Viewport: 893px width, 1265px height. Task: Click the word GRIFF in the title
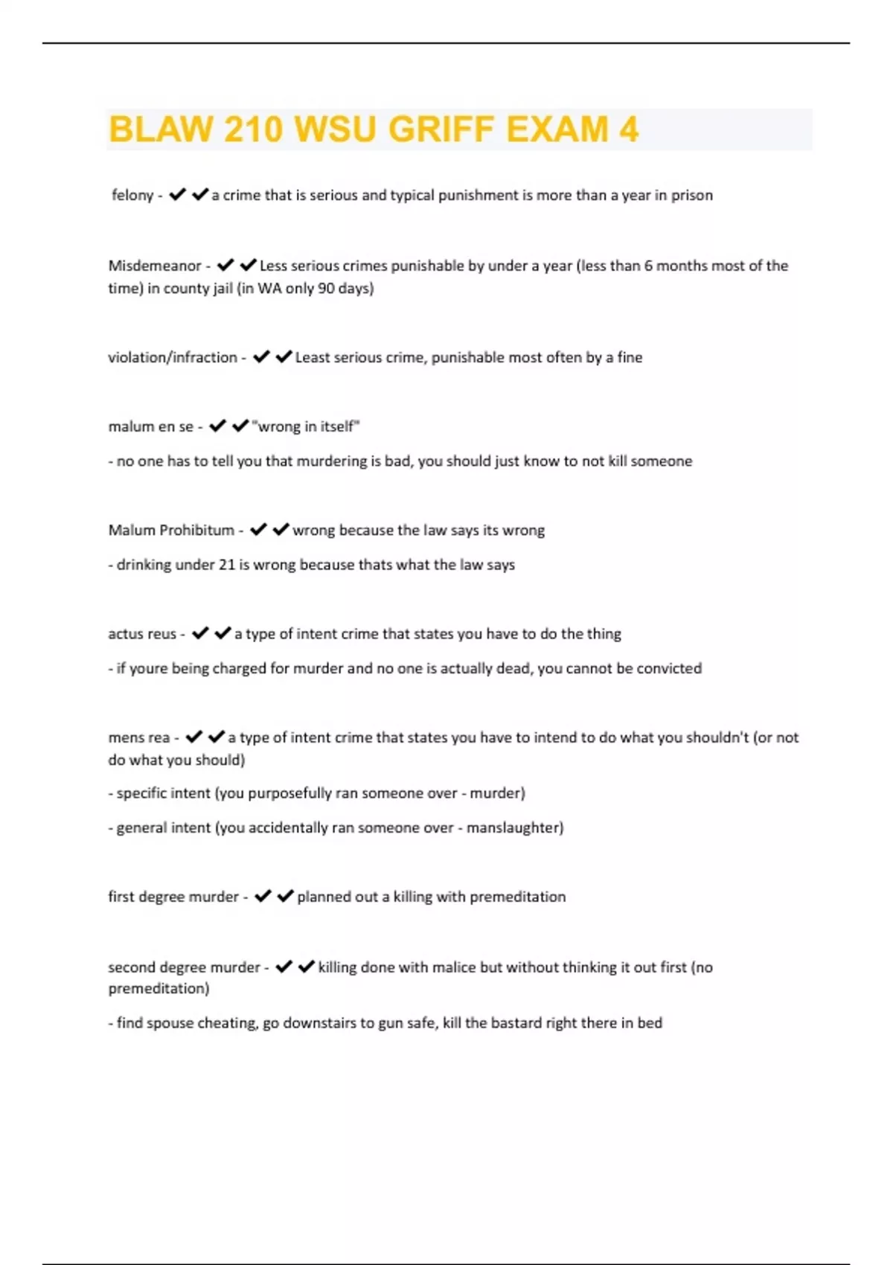[x=441, y=129]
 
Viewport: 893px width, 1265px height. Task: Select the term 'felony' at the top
[x=132, y=195]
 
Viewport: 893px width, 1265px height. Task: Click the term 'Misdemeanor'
[x=155, y=266]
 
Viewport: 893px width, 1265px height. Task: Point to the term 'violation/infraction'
[x=173, y=357]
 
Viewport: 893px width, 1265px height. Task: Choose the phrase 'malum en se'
[x=151, y=426]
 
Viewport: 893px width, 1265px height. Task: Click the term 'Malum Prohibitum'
[x=171, y=530]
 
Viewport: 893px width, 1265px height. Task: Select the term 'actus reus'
[x=142, y=634]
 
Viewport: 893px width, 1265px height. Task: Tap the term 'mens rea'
[x=139, y=737]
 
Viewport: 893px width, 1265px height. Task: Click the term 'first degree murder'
[x=173, y=897]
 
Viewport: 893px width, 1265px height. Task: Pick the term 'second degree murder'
[x=184, y=967]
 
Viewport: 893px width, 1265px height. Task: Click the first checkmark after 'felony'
[x=177, y=195]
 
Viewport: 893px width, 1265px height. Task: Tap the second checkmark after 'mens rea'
[x=217, y=737]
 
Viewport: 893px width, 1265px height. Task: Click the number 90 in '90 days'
[x=326, y=288]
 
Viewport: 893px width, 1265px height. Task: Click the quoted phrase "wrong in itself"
[x=306, y=426]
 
